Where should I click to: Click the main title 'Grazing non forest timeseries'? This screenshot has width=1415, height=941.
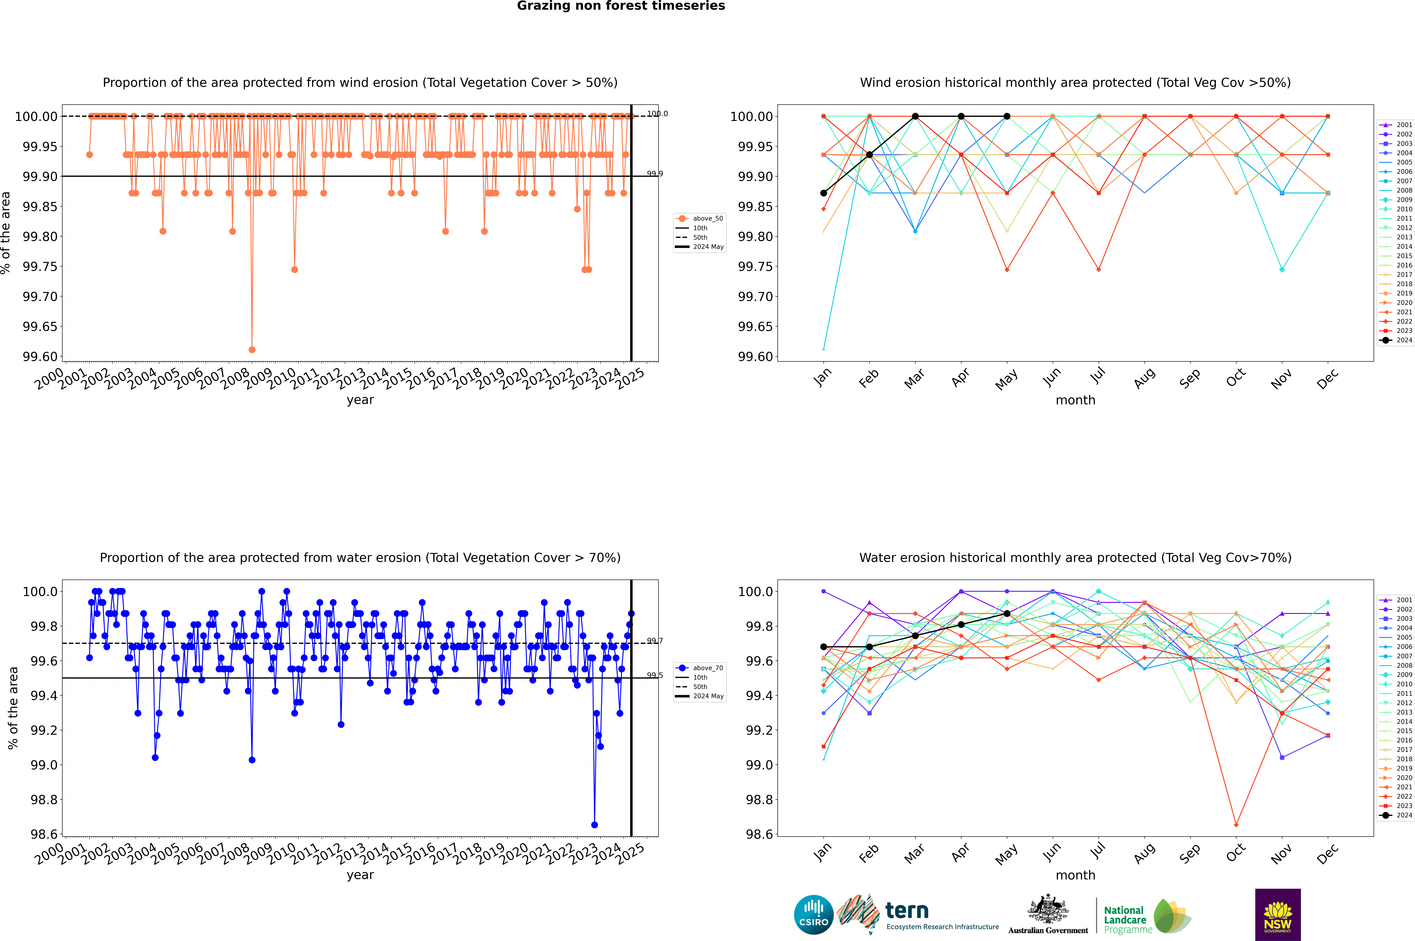click(x=621, y=6)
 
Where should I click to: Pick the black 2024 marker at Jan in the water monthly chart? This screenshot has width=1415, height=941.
click(x=824, y=647)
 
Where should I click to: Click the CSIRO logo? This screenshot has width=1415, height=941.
click(x=813, y=915)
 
